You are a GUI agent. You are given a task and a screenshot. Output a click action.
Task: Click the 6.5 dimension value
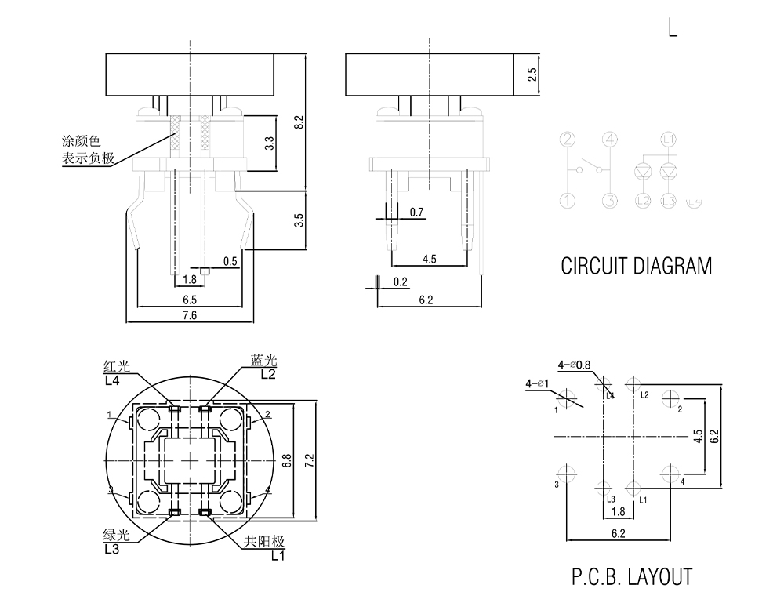click(189, 300)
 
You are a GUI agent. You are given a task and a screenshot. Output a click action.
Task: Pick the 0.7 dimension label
click(416, 213)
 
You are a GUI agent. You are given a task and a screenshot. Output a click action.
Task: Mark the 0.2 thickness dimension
click(400, 282)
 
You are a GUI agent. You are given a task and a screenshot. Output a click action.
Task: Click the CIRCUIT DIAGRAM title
click(636, 266)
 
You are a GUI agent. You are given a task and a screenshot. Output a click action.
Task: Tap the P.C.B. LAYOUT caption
click(631, 577)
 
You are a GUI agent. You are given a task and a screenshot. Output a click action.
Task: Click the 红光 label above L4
click(114, 365)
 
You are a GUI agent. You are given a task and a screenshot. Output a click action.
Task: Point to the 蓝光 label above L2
click(264, 360)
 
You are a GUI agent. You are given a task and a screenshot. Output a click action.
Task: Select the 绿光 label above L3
click(114, 536)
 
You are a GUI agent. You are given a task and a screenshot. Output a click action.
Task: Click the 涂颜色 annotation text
click(82, 142)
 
